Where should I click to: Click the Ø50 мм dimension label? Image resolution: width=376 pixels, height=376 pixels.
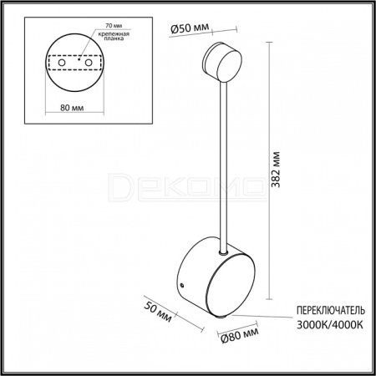pyautogui.click(x=189, y=28)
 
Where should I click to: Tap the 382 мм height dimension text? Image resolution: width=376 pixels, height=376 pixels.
pyautogui.click(x=276, y=170)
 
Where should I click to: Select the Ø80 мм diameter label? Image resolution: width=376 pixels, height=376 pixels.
pyautogui.click(x=240, y=335)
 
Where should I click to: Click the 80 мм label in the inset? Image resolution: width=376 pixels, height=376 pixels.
pyautogui.click(x=72, y=108)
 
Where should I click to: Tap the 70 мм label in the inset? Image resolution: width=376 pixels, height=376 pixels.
pyautogui.click(x=114, y=25)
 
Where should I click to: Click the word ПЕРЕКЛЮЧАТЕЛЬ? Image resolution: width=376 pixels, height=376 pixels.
pyautogui.click(x=331, y=310)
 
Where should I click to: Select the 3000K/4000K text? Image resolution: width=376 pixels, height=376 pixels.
pyautogui.click(x=330, y=324)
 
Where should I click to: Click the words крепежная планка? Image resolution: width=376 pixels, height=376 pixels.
pyautogui.click(x=114, y=36)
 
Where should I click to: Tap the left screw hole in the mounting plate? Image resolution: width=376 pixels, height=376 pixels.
pyautogui.click(x=62, y=63)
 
